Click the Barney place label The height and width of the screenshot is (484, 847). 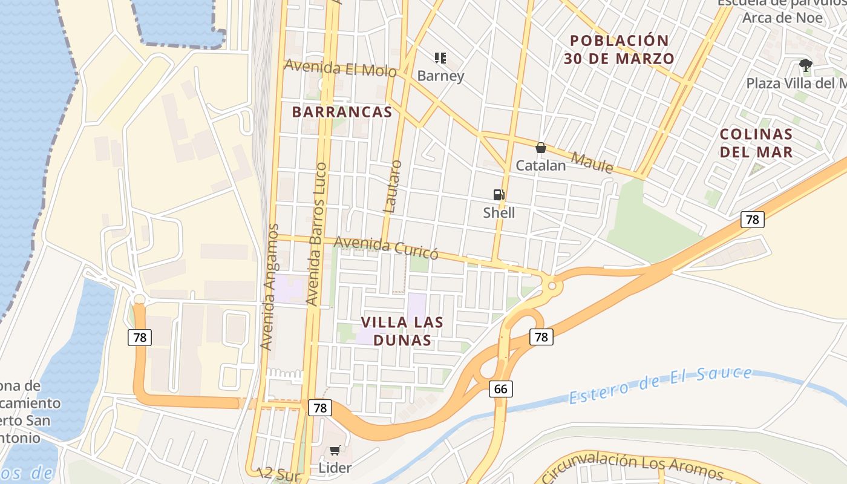pos(441,76)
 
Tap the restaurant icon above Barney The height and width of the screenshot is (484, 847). pos(440,58)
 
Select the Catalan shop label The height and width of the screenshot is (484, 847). pos(541,165)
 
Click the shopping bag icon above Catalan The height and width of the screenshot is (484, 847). pos(541,148)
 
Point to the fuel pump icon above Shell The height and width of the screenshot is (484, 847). pos(499,194)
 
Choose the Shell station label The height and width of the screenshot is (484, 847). pos(499,212)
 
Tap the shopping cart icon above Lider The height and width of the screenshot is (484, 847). pos(335,450)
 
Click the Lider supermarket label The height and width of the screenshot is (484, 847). pos(335,468)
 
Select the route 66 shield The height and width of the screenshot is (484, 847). pos(501,388)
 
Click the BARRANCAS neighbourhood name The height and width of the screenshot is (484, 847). pos(342,112)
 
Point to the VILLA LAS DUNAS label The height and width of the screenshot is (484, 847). pos(402,331)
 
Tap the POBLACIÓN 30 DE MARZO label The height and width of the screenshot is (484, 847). pos(620,50)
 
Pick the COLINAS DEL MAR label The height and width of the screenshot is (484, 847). pos(756,143)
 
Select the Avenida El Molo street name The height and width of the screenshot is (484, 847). pos(340,68)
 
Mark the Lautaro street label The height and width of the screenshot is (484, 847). pos(393,186)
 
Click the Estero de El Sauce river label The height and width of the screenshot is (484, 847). pos(661,385)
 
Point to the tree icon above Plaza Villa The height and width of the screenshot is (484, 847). pos(805,65)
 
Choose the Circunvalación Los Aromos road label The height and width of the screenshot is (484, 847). pos(632,466)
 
